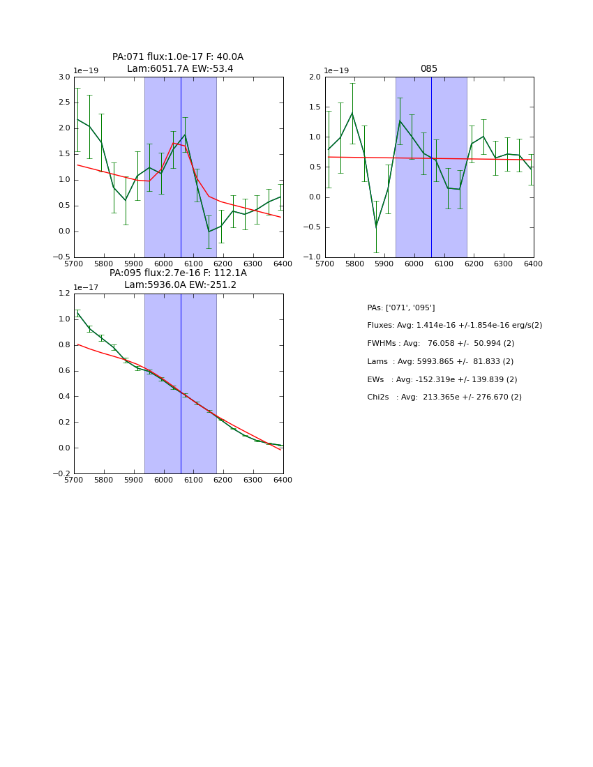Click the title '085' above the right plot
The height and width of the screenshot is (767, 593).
point(428,69)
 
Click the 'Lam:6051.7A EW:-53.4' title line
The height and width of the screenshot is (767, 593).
point(180,69)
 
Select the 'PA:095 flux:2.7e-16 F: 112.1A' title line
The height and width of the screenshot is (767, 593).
point(178,273)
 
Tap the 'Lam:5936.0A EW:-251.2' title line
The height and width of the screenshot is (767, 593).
point(180,285)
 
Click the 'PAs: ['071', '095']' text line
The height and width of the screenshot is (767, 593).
point(400,307)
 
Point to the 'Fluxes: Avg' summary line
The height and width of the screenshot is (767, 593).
point(454,326)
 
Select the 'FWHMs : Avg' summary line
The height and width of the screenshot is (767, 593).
point(440,344)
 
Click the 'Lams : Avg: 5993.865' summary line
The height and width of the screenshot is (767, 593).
point(440,362)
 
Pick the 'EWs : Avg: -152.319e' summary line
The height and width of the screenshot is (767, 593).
point(442,380)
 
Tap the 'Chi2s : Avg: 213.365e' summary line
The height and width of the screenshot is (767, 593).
point(444,397)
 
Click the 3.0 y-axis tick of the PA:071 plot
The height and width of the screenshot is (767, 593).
point(64,77)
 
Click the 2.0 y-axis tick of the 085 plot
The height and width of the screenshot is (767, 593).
point(315,77)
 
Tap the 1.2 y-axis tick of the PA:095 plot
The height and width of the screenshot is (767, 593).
point(64,294)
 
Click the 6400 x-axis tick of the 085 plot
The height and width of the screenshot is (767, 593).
point(533,264)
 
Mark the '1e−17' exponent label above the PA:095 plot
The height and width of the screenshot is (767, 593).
point(86,287)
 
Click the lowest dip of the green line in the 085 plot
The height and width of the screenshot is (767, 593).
point(376,227)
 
